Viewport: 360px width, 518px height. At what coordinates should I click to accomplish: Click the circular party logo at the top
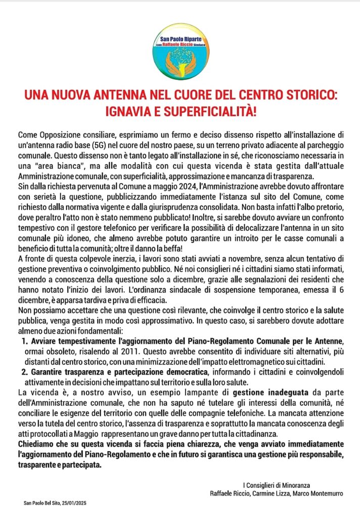click(180, 50)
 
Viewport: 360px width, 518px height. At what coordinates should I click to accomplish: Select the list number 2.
click(25, 372)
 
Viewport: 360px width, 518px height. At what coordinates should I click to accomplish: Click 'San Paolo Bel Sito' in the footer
click(40, 503)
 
